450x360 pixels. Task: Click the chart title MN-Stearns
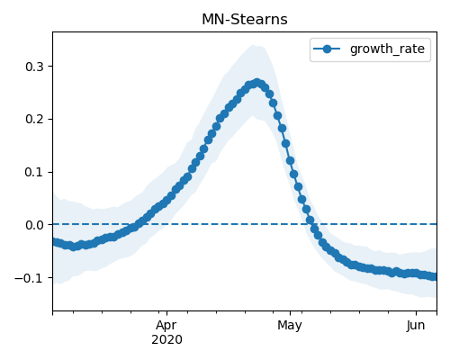click(245, 20)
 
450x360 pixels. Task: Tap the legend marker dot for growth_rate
click(327, 49)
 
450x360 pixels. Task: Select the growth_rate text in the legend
click(387, 49)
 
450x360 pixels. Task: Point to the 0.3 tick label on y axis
click(34, 67)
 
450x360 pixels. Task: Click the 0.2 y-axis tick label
click(34, 120)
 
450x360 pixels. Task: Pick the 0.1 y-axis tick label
click(34, 173)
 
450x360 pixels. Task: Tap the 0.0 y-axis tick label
click(34, 225)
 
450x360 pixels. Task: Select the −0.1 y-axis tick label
click(29, 278)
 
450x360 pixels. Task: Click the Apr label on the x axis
click(166, 325)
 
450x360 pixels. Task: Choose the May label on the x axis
click(290, 325)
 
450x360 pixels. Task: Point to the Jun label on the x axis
click(416, 325)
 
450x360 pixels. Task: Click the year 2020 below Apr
click(166, 339)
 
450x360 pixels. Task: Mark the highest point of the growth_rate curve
click(257, 83)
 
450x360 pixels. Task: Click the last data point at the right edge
click(435, 276)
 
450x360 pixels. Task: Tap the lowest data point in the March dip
click(73, 247)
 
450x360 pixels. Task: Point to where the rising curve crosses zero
click(139, 224)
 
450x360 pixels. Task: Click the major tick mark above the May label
click(290, 313)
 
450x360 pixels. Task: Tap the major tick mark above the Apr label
click(166, 313)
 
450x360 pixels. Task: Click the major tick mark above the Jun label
click(416, 313)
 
